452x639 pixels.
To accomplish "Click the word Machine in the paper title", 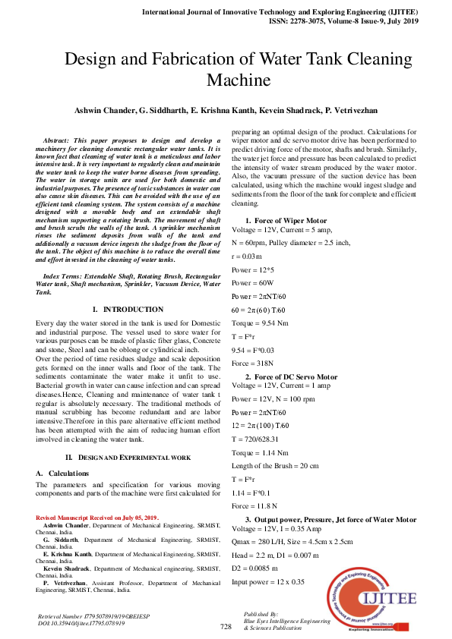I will pyautogui.click(x=239, y=80).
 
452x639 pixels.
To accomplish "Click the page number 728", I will pyautogui.click(x=226, y=626).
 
